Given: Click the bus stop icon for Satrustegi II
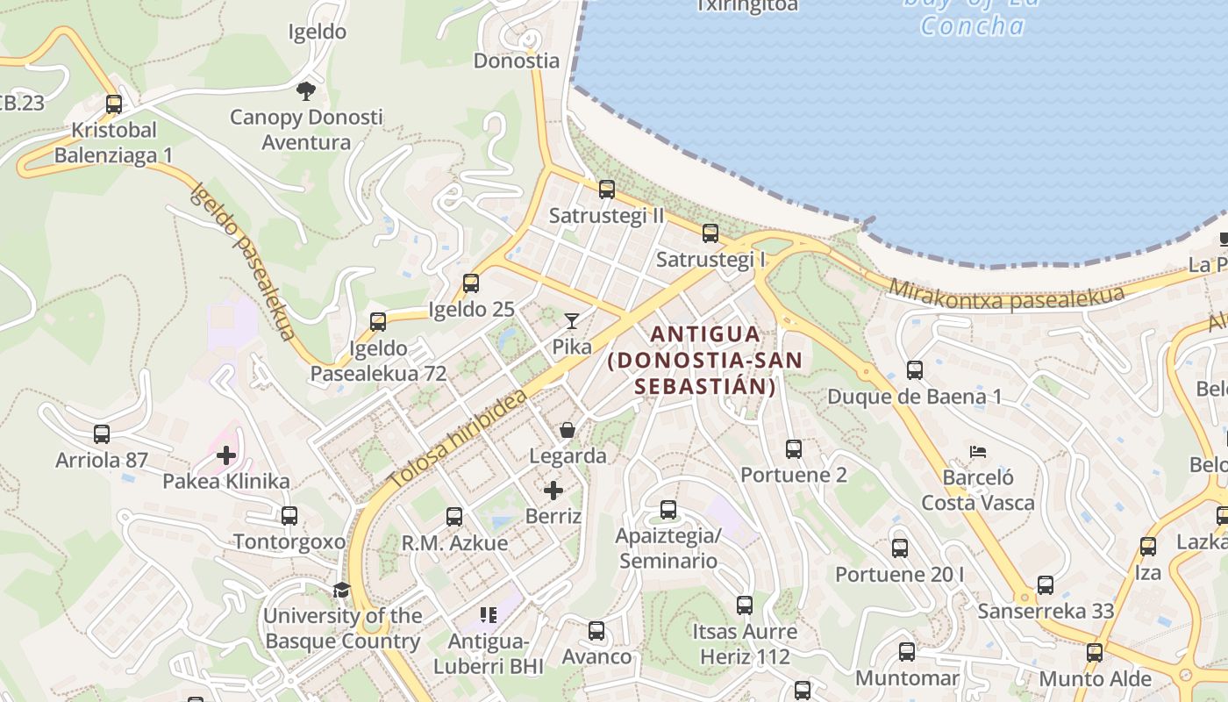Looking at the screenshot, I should [606, 189].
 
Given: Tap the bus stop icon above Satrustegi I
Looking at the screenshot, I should [710, 233].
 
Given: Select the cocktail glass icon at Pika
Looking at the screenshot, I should [572, 321].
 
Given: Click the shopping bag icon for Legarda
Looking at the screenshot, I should [568, 430].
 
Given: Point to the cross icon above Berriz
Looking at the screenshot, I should [553, 490].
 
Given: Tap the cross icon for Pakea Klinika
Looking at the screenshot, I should [226, 455].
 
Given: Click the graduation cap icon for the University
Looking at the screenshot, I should [341, 590].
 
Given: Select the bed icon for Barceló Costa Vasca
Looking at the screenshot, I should [978, 452].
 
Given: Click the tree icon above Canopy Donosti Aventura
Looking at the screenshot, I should [306, 90].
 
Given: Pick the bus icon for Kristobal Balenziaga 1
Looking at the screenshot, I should [114, 104].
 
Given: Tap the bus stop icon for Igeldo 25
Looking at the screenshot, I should [471, 283].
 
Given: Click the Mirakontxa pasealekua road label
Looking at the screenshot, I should [1006, 296].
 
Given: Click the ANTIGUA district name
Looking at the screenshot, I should [705, 334].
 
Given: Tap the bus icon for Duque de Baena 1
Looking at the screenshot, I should [915, 370].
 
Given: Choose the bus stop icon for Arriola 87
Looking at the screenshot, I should [102, 433].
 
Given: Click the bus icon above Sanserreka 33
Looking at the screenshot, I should [1046, 584].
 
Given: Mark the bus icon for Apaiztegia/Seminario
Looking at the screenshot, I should [668, 509].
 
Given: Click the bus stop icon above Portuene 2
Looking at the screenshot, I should [794, 449].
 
